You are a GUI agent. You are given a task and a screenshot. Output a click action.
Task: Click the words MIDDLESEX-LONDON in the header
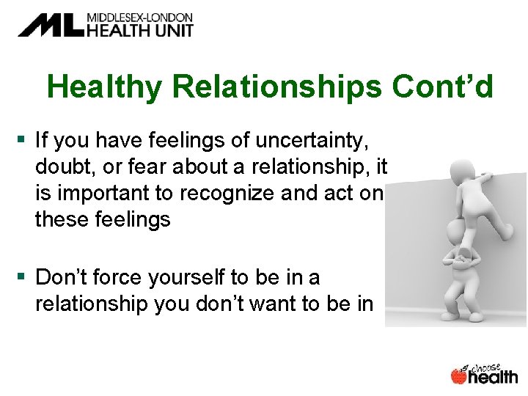[139, 17]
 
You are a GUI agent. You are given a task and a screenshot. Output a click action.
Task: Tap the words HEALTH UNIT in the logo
[139, 31]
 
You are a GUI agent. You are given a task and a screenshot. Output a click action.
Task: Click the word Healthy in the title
[105, 87]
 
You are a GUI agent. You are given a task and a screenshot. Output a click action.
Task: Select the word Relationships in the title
[277, 87]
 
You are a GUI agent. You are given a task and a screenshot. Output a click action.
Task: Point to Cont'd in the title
[442, 87]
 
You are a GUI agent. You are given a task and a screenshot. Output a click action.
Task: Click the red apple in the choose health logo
[459, 376]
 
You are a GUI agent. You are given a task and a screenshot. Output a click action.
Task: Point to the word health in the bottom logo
[493, 377]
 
